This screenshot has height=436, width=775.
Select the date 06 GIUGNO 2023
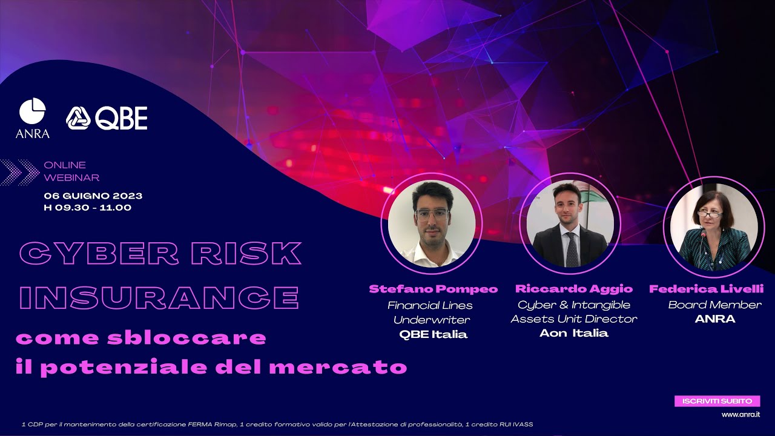click(x=93, y=196)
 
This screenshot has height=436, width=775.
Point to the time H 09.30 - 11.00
click(x=88, y=208)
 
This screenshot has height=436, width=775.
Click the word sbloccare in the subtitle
click(x=186, y=338)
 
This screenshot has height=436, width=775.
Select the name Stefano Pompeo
click(x=434, y=289)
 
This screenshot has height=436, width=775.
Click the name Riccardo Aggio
click(x=574, y=289)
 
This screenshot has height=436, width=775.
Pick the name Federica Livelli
click(x=707, y=289)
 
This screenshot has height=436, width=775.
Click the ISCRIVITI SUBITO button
click(x=717, y=401)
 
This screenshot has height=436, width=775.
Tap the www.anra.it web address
click(x=740, y=415)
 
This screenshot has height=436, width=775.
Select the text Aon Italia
click(x=574, y=333)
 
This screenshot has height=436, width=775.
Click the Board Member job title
click(x=707, y=305)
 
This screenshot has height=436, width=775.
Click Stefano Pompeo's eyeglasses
click(x=432, y=214)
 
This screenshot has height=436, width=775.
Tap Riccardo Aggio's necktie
click(x=572, y=248)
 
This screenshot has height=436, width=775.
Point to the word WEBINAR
click(x=71, y=177)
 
